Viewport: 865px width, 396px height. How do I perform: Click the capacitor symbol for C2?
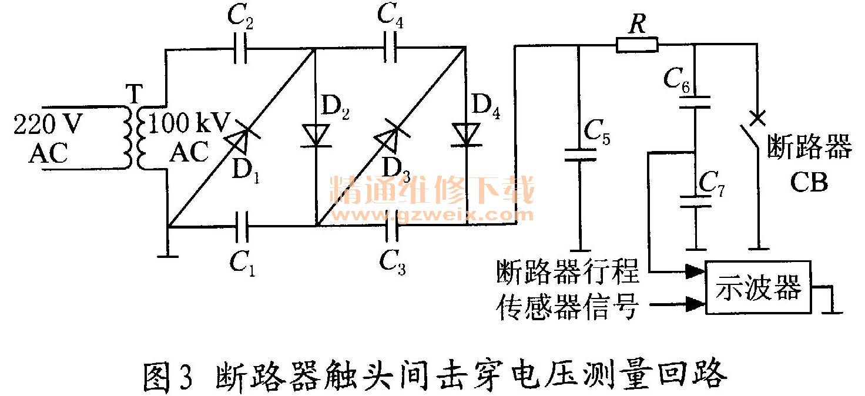pyautogui.click(x=240, y=52)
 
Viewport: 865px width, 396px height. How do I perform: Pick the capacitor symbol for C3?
pyautogui.click(x=390, y=224)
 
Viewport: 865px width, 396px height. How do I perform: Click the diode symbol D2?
pyautogui.click(x=316, y=135)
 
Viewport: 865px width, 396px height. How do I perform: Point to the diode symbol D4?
pyautogui.click(x=467, y=135)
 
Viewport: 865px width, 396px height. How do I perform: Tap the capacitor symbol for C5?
pyautogui.click(x=580, y=155)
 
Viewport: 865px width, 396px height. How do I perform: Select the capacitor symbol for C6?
pyautogui.click(x=695, y=103)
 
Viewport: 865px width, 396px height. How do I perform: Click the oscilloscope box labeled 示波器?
pyautogui.click(x=758, y=287)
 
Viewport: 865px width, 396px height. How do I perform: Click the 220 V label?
pyautogui.click(x=48, y=125)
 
